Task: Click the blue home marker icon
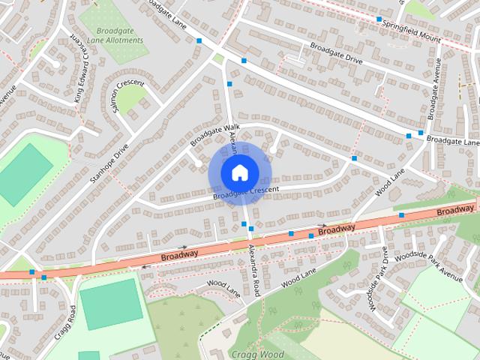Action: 239,172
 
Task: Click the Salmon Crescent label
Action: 125,94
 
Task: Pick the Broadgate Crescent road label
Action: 245,193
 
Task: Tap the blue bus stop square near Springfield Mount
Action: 379,19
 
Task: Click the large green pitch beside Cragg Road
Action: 110,303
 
